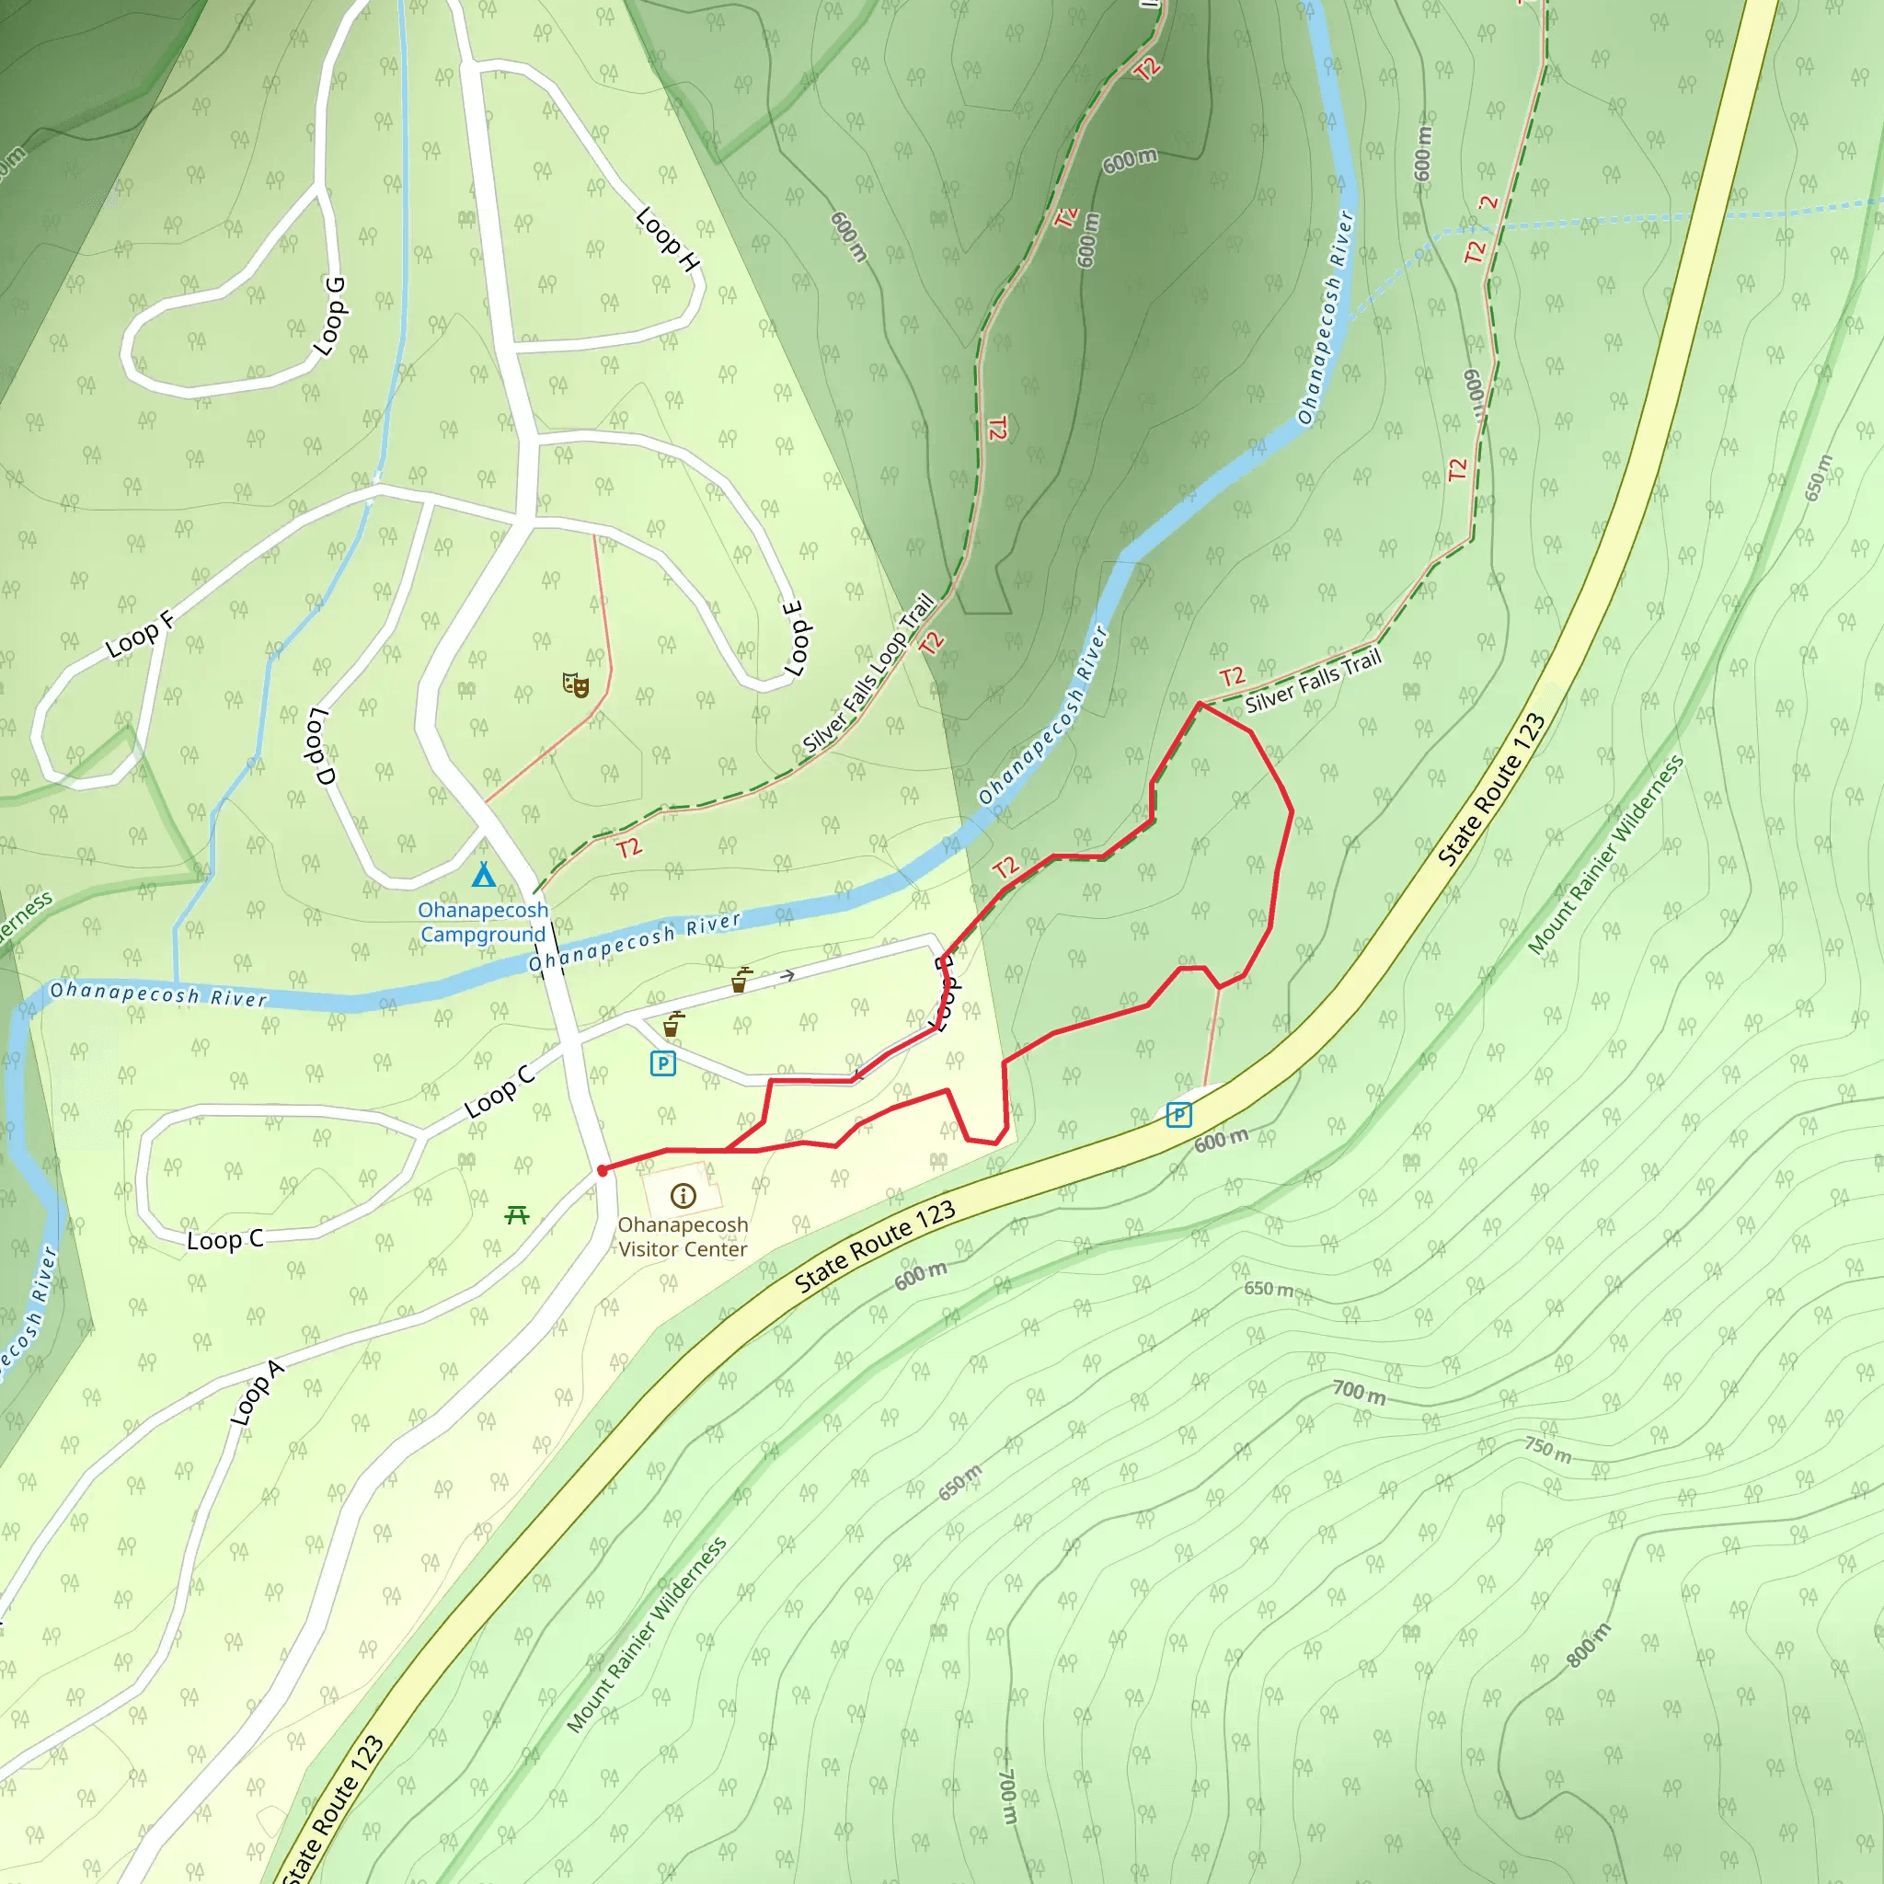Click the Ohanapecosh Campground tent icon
click(484, 875)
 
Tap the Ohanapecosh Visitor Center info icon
click(683, 1196)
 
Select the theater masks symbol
click(575, 684)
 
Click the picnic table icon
click(517, 1214)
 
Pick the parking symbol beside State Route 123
click(1178, 1115)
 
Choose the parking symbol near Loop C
click(663, 1063)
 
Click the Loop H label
click(668, 239)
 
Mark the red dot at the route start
click(603, 1170)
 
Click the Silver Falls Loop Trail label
click(867, 672)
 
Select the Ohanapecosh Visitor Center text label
click(683, 1236)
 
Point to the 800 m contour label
click(1589, 1645)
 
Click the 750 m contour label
click(1548, 1449)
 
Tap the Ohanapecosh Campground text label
click(484, 922)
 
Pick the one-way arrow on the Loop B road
click(787, 975)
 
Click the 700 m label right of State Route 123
click(1360, 1392)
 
